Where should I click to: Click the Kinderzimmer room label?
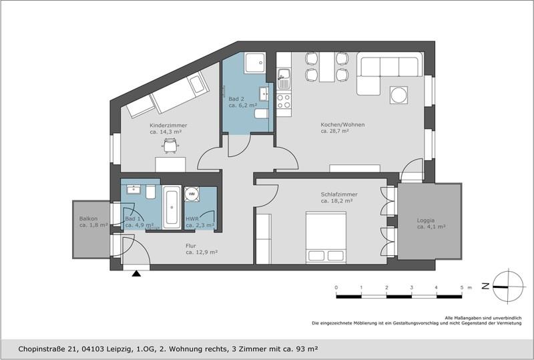tap(168, 126)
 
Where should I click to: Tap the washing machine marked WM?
tap(192, 194)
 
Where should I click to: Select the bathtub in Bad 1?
tap(172, 207)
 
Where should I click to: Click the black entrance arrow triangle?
tap(137, 273)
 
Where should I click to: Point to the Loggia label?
tap(426, 220)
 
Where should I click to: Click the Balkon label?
tap(88, 218)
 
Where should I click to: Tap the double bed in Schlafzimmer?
tap(326, 238)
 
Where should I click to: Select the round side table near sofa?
tap(398, 95)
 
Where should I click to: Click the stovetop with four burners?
tap(284, 101)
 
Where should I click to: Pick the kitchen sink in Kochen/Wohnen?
tap(284, 79)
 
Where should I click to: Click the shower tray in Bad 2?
tap(255, 63)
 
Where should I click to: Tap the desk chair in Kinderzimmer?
tap(170, 146)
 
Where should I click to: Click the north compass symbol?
tap(508, 286)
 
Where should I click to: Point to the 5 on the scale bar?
tap(462, 288)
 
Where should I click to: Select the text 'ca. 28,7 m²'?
tap(335, 131)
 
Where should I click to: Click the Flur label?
tap(191, 246)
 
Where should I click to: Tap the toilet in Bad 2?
tap(261, 114)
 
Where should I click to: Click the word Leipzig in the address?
tap(119, 349)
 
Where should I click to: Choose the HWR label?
tap(192, 219)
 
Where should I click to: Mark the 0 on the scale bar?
tap(336, 288)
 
